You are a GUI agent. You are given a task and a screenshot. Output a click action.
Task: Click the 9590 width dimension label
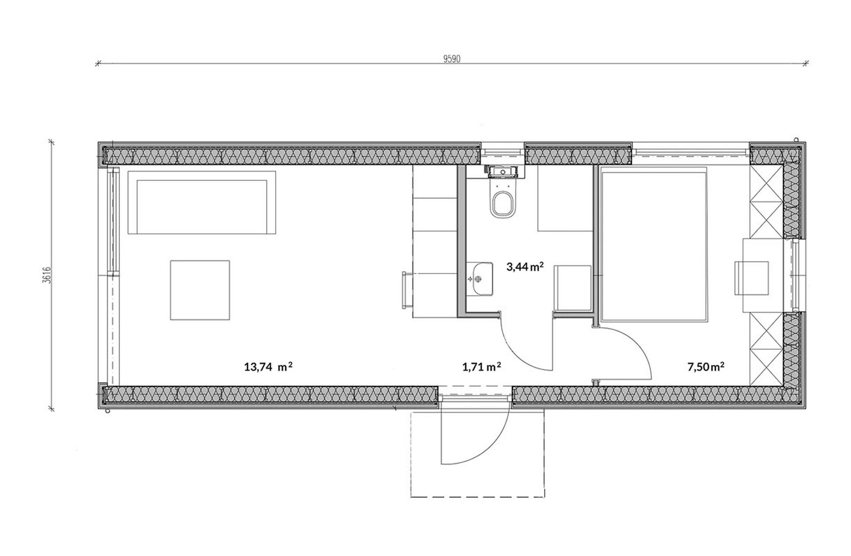coord(452,59)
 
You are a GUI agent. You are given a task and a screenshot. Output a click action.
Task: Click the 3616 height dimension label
coord(48,275)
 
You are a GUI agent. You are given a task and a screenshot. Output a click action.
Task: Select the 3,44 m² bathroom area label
coord(525,266)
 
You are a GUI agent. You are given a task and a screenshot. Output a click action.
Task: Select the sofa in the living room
coord(202,202)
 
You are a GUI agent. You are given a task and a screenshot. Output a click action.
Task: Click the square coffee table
coord(200,290)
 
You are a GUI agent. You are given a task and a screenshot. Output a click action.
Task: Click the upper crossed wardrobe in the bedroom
coord(766,202)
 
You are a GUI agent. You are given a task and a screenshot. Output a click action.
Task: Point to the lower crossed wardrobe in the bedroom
coord(766,349)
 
